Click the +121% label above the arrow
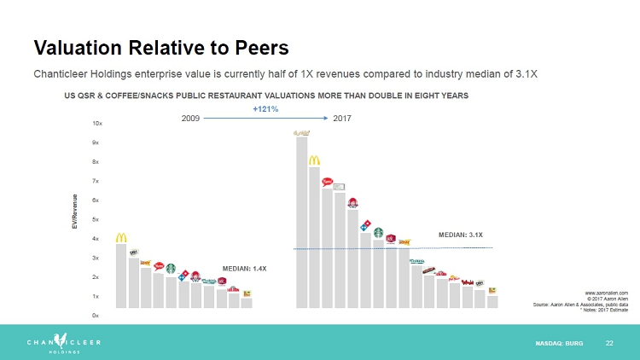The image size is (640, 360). pos(265,110)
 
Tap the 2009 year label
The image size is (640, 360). pos(191,119)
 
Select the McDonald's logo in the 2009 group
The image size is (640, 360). pos(121,237)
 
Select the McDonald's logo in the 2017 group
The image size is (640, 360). pos(314,160)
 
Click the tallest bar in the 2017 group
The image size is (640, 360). pos(301,222)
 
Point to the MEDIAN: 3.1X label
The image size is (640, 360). pos(461,234)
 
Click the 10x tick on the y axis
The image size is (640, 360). pos(96,124)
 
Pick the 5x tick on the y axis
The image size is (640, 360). pos(96,219)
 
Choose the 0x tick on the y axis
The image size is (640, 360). pos(96,316)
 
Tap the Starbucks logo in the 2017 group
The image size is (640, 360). pos(378,232)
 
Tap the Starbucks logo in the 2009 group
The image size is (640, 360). pos(171,269)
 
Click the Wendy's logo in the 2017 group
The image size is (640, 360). pos(352,203)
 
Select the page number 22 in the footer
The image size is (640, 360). pos(609,343)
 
